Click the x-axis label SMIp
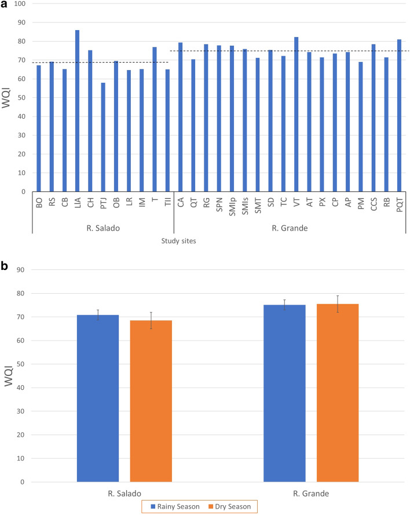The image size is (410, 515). click(231, 206)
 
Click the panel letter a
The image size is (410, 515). click(5, 5)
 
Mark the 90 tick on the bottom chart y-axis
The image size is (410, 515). click(23, 270)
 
